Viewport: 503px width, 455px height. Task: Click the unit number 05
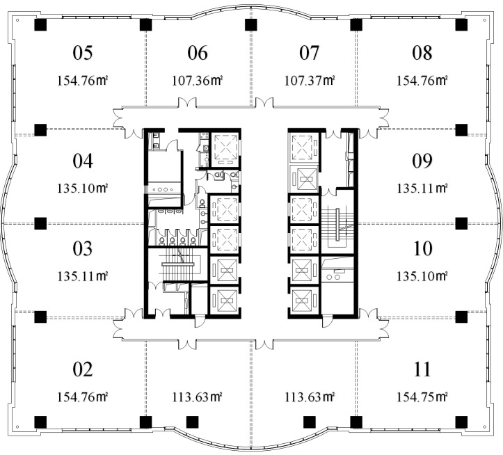point(83,53)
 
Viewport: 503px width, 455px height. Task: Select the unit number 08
point(422,53)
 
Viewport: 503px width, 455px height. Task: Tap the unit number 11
point(422,369)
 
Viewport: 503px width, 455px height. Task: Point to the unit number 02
point(83,369)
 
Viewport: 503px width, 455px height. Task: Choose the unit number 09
point(422,161)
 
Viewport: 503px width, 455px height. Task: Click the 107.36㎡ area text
point(198,80)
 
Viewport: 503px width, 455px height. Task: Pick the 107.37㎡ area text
point(310,80)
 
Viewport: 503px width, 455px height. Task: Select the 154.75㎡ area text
point(422,397)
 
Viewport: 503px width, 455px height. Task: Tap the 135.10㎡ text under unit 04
point(83,188)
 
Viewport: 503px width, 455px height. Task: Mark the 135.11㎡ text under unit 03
point(83,276)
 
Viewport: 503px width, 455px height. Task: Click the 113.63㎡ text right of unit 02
point(198,397)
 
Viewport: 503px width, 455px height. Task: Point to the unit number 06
point(198,53)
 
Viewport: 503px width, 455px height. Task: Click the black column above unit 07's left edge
point(251,25)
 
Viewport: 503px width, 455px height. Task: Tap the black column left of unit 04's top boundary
point(40,130)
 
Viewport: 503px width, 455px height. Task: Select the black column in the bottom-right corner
point(461,422)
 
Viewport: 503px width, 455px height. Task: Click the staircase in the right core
point(337,225)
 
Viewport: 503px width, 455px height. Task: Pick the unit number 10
point(422,248)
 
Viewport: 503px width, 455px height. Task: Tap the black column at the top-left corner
point(40,25)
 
